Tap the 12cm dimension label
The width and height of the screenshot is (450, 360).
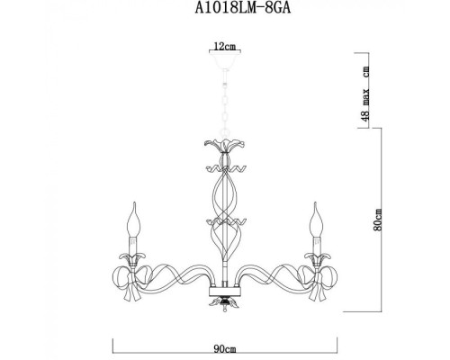[x=223, y=44]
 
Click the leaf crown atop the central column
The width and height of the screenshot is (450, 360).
[x=223, y=147]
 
